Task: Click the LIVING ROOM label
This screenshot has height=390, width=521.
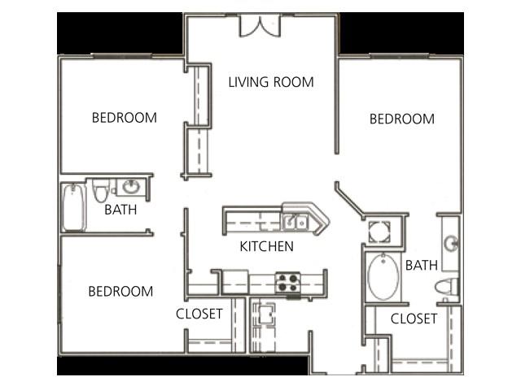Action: pyautogui.click(x=270, y=82)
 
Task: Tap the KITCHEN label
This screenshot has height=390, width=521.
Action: pyautogui.click(x=266, y=246)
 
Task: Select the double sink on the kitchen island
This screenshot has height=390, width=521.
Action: pyautogui.click(x=295, y=220)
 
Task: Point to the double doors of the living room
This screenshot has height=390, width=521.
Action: pyautogui.click(x=260, y=25)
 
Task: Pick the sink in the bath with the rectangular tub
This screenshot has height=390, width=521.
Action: pyautogui.click(x=130, y=188)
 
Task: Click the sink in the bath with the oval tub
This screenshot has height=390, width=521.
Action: pyautogui.click(x=451, y=242)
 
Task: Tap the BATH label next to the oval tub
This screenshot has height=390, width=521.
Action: pyautogui.click(x=422, y=265)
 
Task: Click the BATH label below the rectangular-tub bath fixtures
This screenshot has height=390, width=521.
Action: pyautogui.click(x=120, y=210)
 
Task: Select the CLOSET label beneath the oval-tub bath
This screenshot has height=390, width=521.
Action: pyautogui.click(x=414, y=319)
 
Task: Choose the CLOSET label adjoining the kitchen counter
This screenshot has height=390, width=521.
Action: pyautogui.click(x=199, y=314)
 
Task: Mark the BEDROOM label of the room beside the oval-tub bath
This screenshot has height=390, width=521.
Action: pyautogui.click(x=402, y=119)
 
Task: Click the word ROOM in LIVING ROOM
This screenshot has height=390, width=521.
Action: pyautogui.click(x=296, y=82)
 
